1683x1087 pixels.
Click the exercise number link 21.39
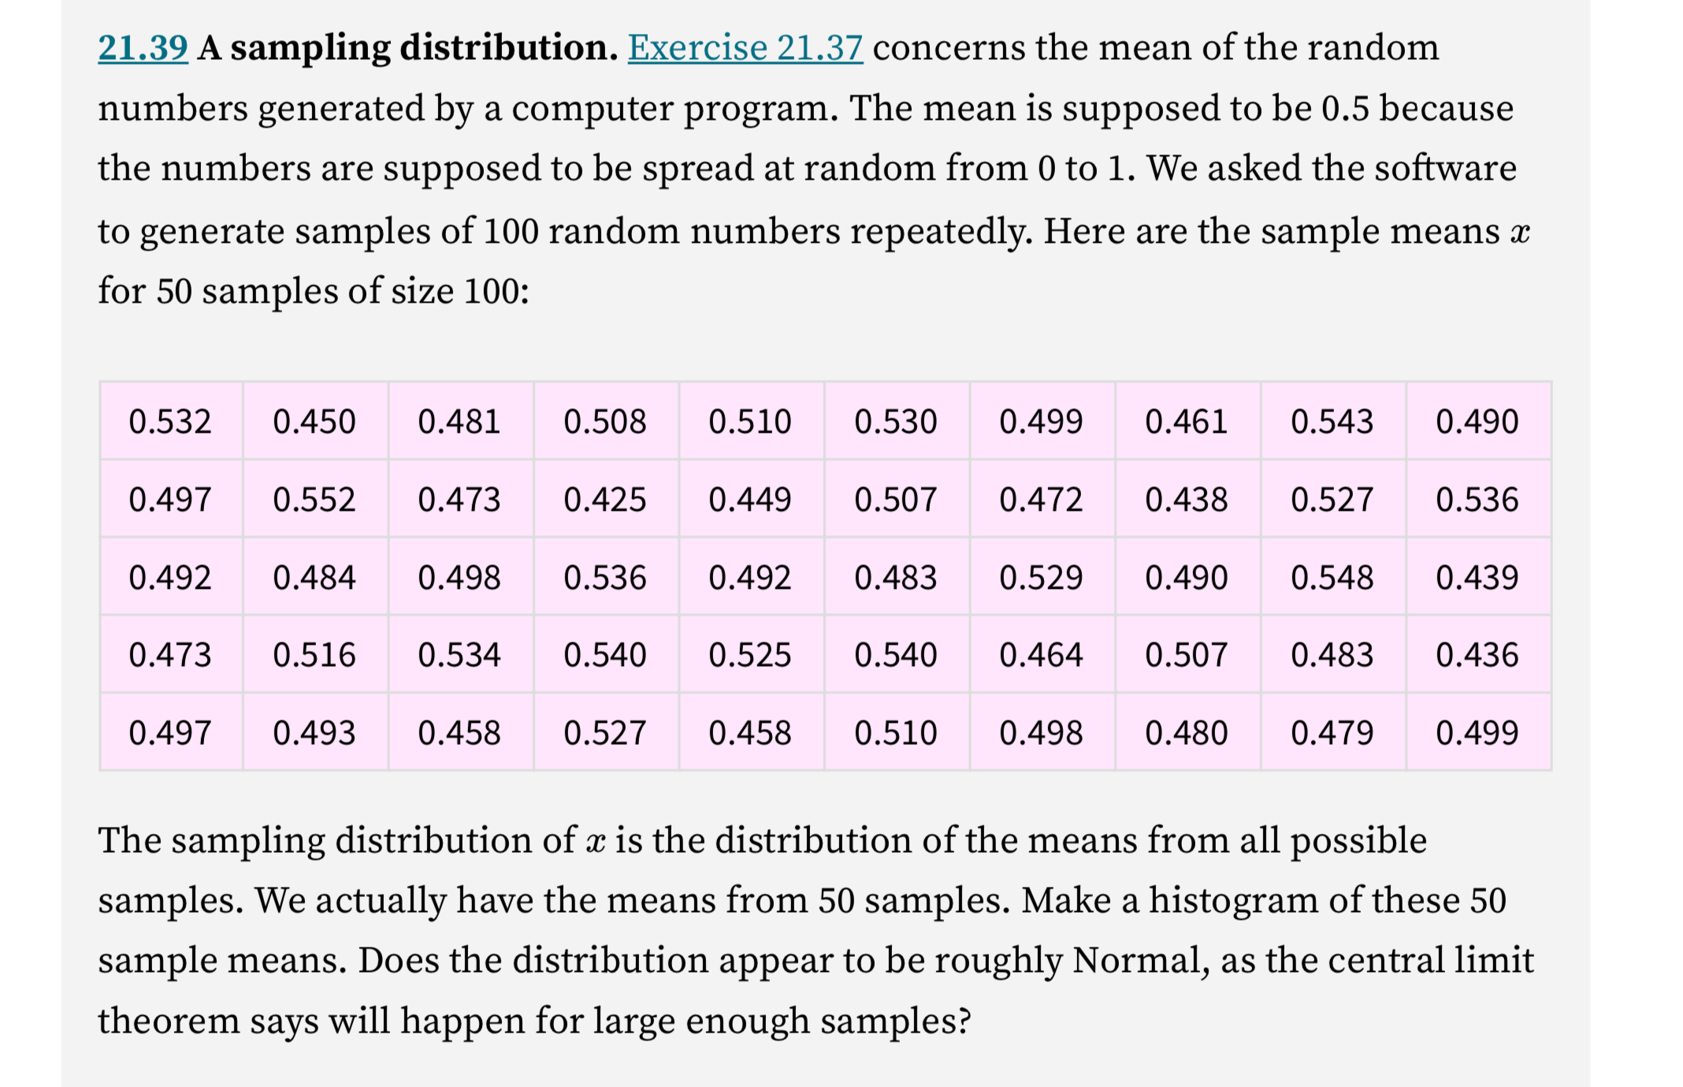click(x=143, y=48)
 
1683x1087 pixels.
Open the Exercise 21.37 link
click(x=745, y=48)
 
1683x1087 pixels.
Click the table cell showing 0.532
click(x=170, y=422)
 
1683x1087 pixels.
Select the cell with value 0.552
click(x=314, y=500)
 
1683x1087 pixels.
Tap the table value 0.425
click(x=605, y=500)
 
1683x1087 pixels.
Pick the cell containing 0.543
click(x=1332, y=422)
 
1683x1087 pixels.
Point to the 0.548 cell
click(x=1332, y=578)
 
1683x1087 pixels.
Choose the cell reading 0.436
click(x=1477, y=655)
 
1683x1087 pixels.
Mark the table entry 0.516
click(x=314, y=655)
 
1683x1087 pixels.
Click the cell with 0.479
click(x=1332, y=733)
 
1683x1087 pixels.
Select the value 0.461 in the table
click(x=1186, y=422)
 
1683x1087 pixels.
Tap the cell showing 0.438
click(x=1186, y=500)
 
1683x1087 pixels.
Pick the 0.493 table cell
click(x=314, y=733)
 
